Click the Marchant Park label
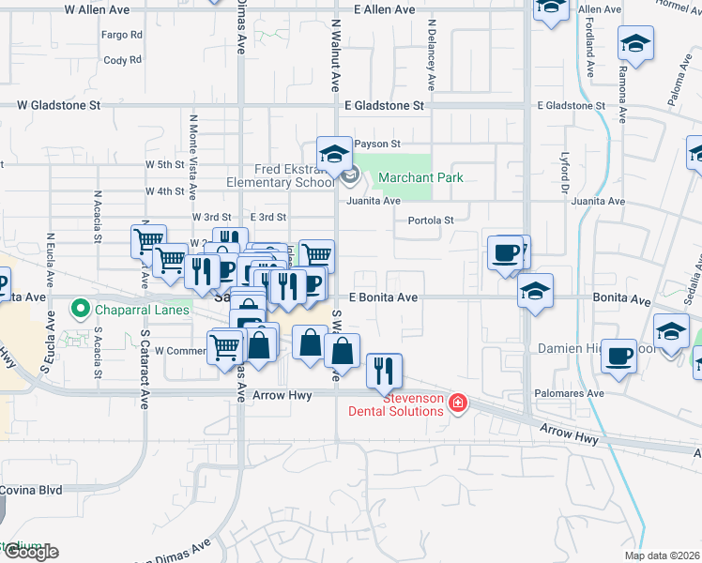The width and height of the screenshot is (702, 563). pyautogui.click(x=420, y=177)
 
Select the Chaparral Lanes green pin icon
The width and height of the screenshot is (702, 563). pyautogui.click(x=81, y=308)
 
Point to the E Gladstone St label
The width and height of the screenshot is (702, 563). pyautogui.click(x=384, y=106)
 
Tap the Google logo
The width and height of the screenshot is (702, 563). pyautogui.click(x=31, y=552)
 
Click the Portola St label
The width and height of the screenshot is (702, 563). pyautogui.click(x=431, y=221)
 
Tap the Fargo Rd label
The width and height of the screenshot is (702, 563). pyautogui.click(x=123, y=35)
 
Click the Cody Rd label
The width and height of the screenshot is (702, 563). pyautogui.click(x=123, y=60)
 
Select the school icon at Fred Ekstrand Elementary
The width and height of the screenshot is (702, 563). pyautogui.click(x=333, y=153)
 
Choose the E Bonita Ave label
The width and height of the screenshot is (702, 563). pyautogui.click(x=383, y=297)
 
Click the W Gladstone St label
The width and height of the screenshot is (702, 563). pyautogui.click(x=58, y=106)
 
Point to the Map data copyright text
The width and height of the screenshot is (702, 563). pyautogui.click(x=662, y=555)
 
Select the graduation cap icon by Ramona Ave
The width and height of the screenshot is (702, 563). pyautogui.click(x=636, y=42)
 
